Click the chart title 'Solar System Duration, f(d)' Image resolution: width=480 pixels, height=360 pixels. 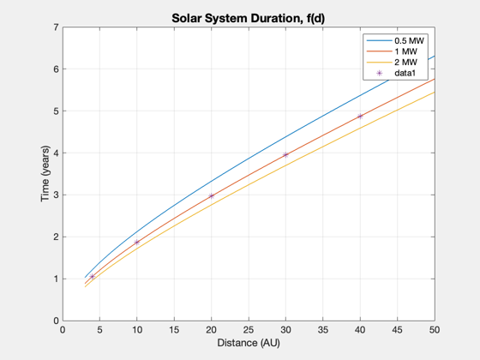click(x=248, y=18)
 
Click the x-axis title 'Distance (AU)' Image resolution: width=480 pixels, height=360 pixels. click(x=249, y=343)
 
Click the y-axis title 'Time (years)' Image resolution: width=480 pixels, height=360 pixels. click(x=45, y=173)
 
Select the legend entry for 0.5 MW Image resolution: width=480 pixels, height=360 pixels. click(x=395, y=41)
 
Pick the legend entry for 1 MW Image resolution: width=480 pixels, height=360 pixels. click(x=392, y=51)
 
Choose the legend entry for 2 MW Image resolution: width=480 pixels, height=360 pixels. click(x=392, y=62)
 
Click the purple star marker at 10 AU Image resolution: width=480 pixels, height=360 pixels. click(x=137, y=242)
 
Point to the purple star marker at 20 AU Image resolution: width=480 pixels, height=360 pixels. click(x=211, y=196)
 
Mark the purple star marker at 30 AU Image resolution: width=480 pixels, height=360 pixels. click(x=285, y=155)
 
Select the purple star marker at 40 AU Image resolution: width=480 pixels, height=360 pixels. click(x=360, y=117)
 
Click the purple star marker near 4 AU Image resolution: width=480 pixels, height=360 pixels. click(x=93, y=276)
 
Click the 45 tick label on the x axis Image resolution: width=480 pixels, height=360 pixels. click(x=398, y=330)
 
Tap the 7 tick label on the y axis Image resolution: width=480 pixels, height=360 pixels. click(x=56, y=27)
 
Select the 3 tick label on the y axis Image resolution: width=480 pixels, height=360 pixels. click(x=56, y=195)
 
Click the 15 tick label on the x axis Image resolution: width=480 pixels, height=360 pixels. click(x=174, y=330)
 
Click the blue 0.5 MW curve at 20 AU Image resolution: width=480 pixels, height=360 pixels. click(x=211, y=181)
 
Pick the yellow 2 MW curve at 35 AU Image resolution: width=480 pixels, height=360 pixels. click(x=323, y=147)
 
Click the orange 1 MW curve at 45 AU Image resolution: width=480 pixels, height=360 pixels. click(x=398, y=98)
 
